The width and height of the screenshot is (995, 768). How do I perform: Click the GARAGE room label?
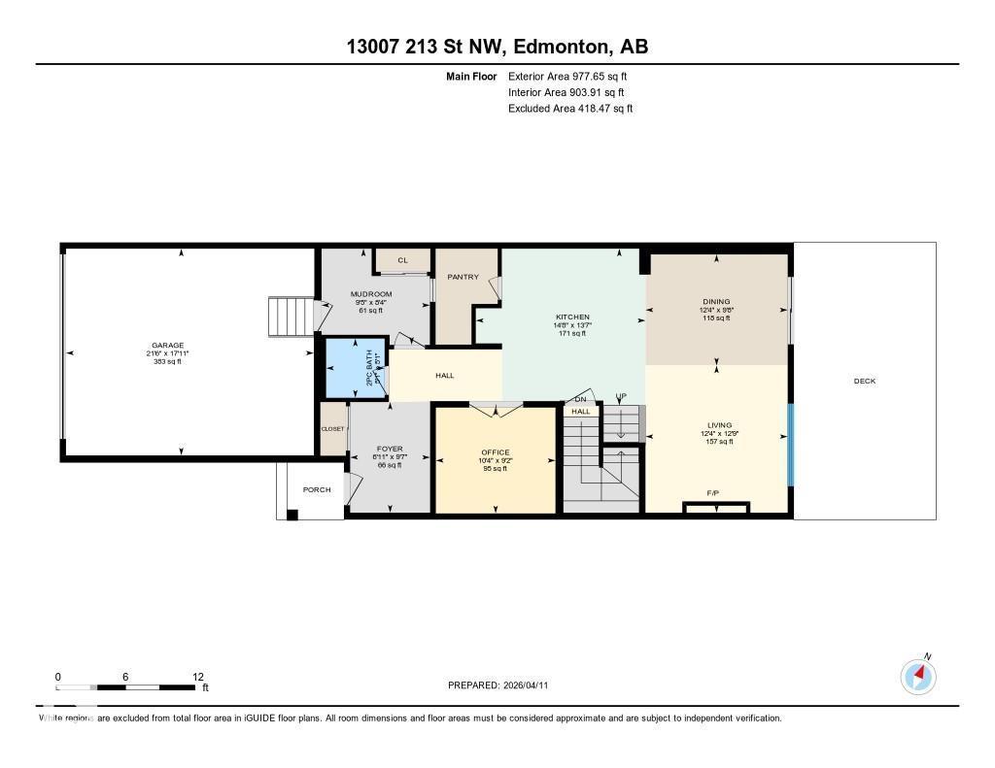click(167, 345)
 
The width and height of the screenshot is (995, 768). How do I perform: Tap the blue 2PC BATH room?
click(353, 368)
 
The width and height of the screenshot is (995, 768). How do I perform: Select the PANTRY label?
click(463, 277)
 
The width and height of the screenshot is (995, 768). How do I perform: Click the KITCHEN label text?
click(572, 317)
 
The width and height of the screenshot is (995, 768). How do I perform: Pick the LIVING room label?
click(719, 424)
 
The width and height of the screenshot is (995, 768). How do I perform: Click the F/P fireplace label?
click(713, 493)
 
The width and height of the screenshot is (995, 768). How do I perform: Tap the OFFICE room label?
click(496, 452)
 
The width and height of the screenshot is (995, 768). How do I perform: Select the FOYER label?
click(389, 449)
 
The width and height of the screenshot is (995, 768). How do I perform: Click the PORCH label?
click(317, 489)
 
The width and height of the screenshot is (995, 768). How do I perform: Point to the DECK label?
click(864, 381)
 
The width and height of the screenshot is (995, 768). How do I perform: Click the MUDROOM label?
click(373, 294)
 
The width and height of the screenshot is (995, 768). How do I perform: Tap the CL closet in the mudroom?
click(401, 260)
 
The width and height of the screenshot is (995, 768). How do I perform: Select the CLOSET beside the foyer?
click(333, 428)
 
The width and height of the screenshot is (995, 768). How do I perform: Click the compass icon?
click(918, 676)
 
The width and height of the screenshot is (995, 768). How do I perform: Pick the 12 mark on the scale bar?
click(198, 677)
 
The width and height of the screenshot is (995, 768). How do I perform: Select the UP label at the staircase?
click(620, 397)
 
